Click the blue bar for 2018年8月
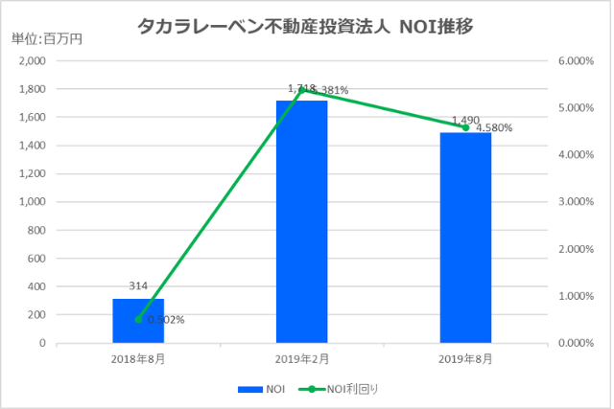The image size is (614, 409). click(138, 321)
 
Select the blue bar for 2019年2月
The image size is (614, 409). click(302, 221)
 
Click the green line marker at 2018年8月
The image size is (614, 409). click(138, 319)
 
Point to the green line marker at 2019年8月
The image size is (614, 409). click(465, 127)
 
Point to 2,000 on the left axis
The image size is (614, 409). click(32, 61)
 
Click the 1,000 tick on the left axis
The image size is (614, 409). click(32, 202)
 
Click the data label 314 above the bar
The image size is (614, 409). click(138, 286)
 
